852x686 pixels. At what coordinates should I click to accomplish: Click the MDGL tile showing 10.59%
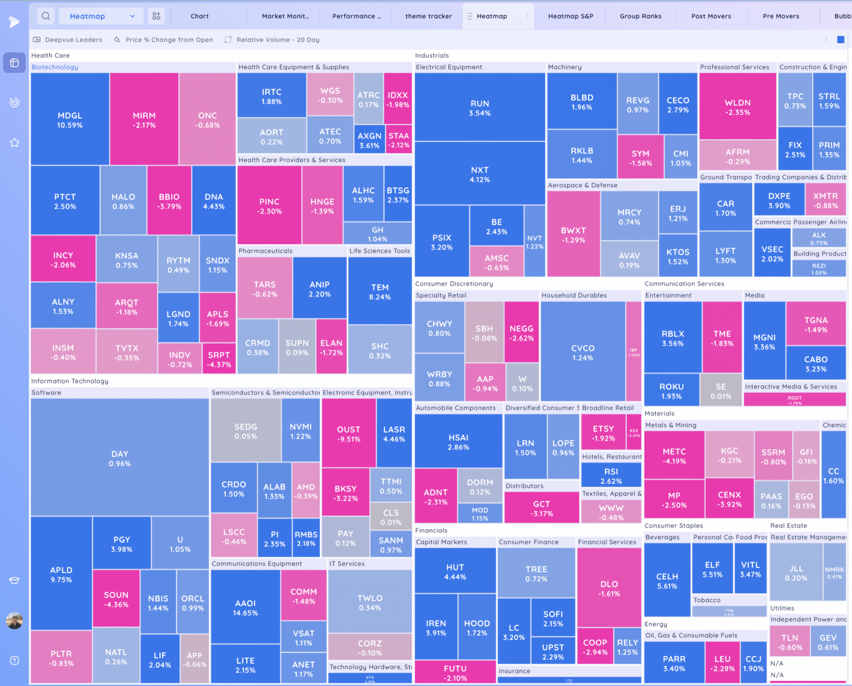point(70,120)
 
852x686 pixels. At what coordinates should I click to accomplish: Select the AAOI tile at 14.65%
point(245,607)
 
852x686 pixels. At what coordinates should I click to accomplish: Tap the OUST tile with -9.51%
point(348,433)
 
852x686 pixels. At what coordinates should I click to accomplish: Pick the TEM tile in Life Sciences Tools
point(379,292)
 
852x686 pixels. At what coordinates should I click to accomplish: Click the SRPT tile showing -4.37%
point(219,359)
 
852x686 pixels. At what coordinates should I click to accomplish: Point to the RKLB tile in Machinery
point(581,155)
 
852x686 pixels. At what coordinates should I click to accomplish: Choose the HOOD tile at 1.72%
point(477,627)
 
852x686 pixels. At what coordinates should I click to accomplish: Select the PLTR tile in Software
point(61,658)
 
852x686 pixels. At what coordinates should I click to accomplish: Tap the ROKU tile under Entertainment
point(671,391)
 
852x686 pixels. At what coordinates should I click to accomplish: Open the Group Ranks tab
point(640,16)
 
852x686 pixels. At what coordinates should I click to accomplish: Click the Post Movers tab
point(711,16)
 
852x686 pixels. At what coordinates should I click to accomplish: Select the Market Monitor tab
point(285,16)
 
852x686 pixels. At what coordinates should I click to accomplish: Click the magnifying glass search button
point(46,16)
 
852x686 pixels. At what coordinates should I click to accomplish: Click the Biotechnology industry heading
point(55,67)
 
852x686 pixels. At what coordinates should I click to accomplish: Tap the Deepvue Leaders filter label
point(73,40)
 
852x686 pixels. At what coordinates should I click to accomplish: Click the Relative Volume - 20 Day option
point(278,40)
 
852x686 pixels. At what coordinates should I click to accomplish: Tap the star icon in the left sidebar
point(15,143)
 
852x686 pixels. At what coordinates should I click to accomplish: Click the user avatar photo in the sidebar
point(15,621)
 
